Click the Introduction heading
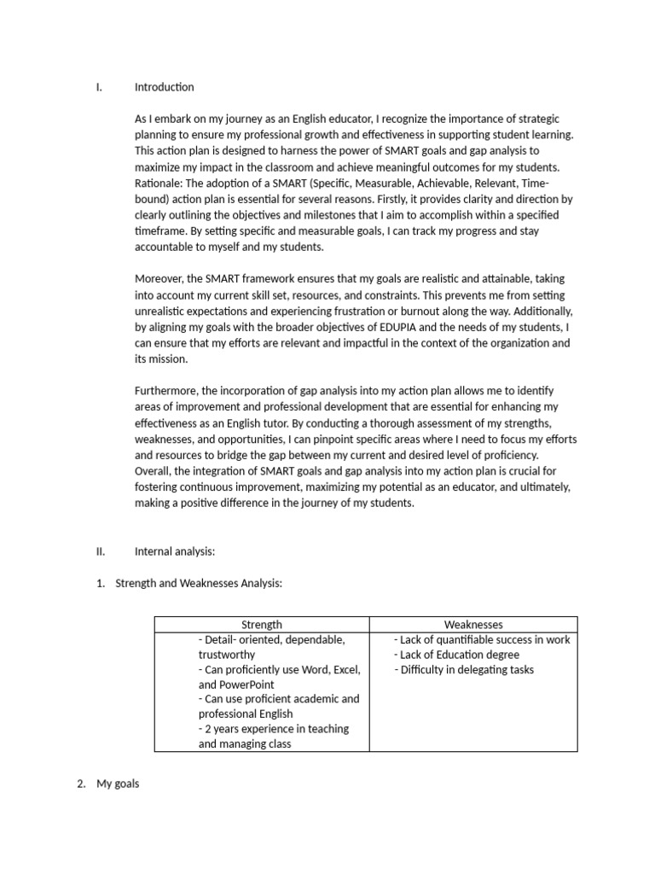[164, 87]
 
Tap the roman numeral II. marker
[101, 551]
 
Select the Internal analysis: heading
[175, 551]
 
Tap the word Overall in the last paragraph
[154, 471]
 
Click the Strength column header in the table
[262, 625]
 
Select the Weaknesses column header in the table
[473, 625]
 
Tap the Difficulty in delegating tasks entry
[464, 670]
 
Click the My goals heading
[118, 784]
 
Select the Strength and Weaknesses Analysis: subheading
[198, 583]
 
